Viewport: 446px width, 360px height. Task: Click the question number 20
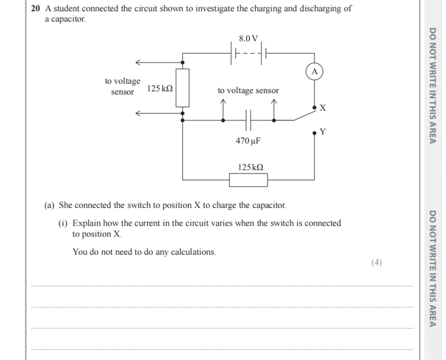point(35,9)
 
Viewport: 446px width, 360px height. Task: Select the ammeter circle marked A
point(314,71)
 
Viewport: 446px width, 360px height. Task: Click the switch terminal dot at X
point(314,108)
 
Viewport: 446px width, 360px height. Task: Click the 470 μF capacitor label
point(248,141)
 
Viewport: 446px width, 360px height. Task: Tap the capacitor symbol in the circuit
point(248,120)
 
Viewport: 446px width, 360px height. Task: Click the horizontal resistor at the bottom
point(248,179)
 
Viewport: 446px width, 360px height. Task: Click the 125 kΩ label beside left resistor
point(160,88)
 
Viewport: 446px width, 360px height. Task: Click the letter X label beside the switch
point(322,108)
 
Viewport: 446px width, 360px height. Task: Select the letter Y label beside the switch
point(322,132)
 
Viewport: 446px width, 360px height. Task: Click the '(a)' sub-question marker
point(50,205)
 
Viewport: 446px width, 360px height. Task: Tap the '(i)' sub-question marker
point(63,223)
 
